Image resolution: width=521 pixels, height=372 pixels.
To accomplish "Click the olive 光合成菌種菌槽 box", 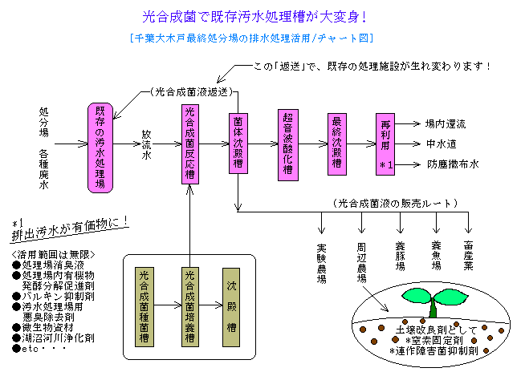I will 144,302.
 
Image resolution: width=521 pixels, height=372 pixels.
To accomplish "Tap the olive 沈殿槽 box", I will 232,302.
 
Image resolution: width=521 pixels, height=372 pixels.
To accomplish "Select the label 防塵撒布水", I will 452,164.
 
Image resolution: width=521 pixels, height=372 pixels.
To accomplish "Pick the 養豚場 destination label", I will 400,257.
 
